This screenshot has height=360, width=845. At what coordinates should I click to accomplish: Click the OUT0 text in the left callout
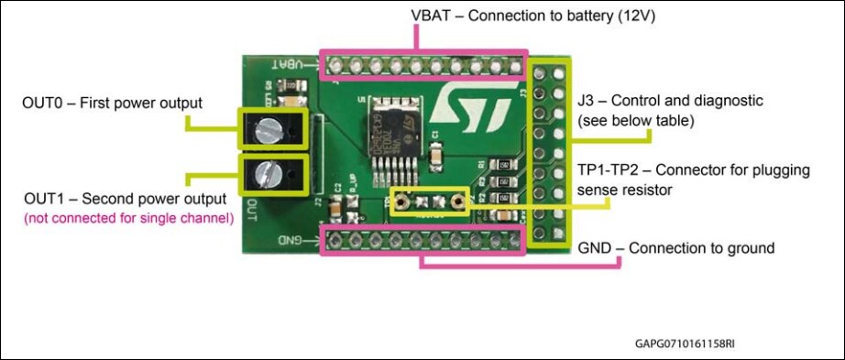(45, 103)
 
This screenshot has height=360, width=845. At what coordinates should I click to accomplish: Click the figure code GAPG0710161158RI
(684, 345)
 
